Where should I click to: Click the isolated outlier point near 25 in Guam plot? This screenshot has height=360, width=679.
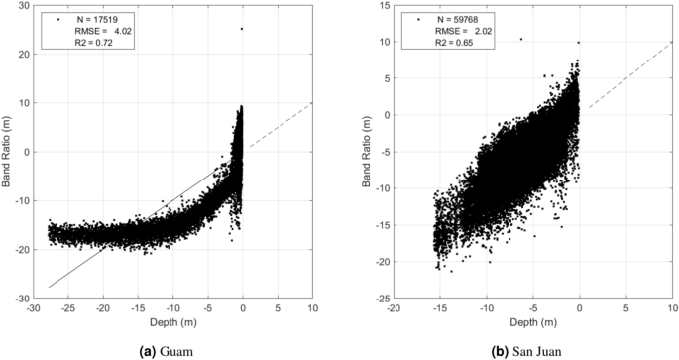click(242, 29)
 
